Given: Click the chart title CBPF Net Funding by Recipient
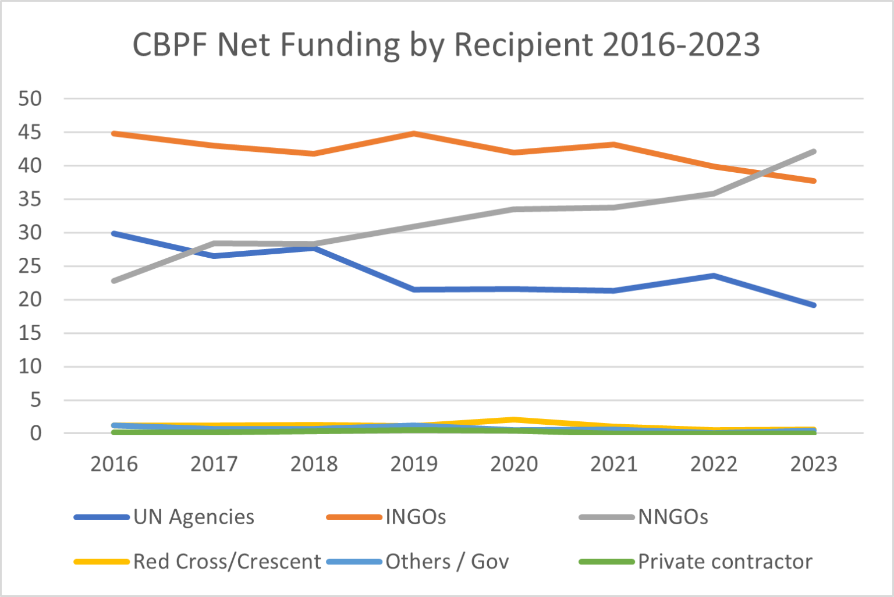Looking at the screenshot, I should tap(446, 45).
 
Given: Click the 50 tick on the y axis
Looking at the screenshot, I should tap(30, 99).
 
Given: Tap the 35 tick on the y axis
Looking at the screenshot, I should tap(30, 200).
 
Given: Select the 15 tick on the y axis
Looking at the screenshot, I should tap(30, 333).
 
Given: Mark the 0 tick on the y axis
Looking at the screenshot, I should tap(36, 433).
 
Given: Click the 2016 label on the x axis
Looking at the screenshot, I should tap(114, 464).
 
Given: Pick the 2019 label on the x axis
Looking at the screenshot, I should tap(414, 464).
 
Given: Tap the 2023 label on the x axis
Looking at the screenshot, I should tap(814, 464).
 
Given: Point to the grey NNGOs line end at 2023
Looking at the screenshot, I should tap(814, 152).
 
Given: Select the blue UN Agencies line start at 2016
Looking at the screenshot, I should tap(114, 233).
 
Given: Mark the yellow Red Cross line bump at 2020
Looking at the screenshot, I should tap(514, 420).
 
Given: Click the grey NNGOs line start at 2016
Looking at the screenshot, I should tap(114, 281).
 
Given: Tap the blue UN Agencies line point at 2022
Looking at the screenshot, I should tap(714, 276).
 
